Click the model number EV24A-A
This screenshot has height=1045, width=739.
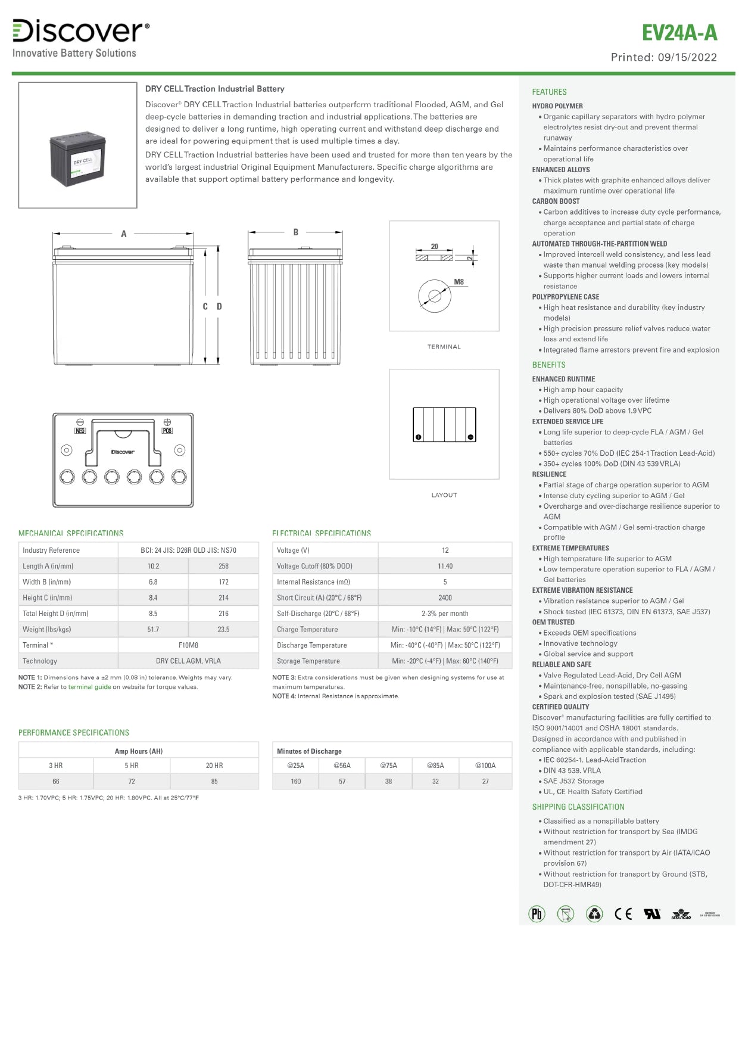tap(679, 33)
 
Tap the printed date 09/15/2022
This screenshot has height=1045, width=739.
tap(687, 57)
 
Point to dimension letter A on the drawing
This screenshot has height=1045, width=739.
tap(124, 234)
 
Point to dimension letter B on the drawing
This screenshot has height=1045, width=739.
tap(296, 232)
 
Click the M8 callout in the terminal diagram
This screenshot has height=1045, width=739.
tap(459, 282)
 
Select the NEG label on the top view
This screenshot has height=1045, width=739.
tap(80, 430)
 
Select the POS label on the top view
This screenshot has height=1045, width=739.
tap(167, 430)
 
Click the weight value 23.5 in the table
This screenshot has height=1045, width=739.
tap(223, 629)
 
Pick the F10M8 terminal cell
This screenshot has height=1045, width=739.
tap(188, 645)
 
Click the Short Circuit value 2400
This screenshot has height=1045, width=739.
tap(445, 598)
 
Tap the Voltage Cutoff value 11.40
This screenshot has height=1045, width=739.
tap(445, 566)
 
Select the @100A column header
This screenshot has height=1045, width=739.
tap(485, 766)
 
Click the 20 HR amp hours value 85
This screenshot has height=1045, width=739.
tap(214, 781)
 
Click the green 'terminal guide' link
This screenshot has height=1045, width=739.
tap(89, 687)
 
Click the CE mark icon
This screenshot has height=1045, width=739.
tap(623, 914)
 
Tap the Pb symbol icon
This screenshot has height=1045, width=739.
tap(537, 914)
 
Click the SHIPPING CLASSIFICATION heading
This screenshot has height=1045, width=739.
tap(578, 807)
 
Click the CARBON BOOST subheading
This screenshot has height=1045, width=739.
tap(556, 201)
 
